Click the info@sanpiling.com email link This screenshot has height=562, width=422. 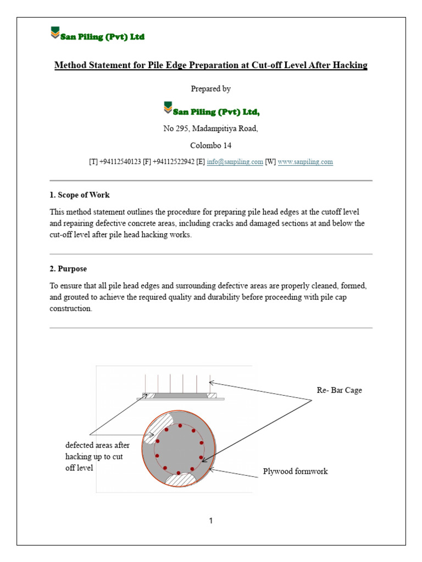coord(235,162)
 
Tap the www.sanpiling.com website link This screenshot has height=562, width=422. coord(306,162)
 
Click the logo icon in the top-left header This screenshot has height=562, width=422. coord(55,32)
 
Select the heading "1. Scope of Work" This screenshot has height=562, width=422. coord(80,195)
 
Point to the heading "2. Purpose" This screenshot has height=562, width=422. coord(68,269)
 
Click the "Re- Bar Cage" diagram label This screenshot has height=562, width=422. coord(340,390)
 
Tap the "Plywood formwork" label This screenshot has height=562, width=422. coord(295,471)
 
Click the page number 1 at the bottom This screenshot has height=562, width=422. coord(211,520)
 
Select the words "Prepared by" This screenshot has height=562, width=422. coord(210,89)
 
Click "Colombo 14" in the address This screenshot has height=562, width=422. coord(211,145)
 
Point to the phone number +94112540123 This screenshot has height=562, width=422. coord(120,162)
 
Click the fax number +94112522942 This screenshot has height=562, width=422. coord(174,162)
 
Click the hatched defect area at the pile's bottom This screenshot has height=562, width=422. coord(180,480)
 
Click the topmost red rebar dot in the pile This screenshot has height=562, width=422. coord(180,426)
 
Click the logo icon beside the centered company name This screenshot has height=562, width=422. coord(168,108)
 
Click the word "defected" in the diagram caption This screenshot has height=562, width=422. coord(80,445)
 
